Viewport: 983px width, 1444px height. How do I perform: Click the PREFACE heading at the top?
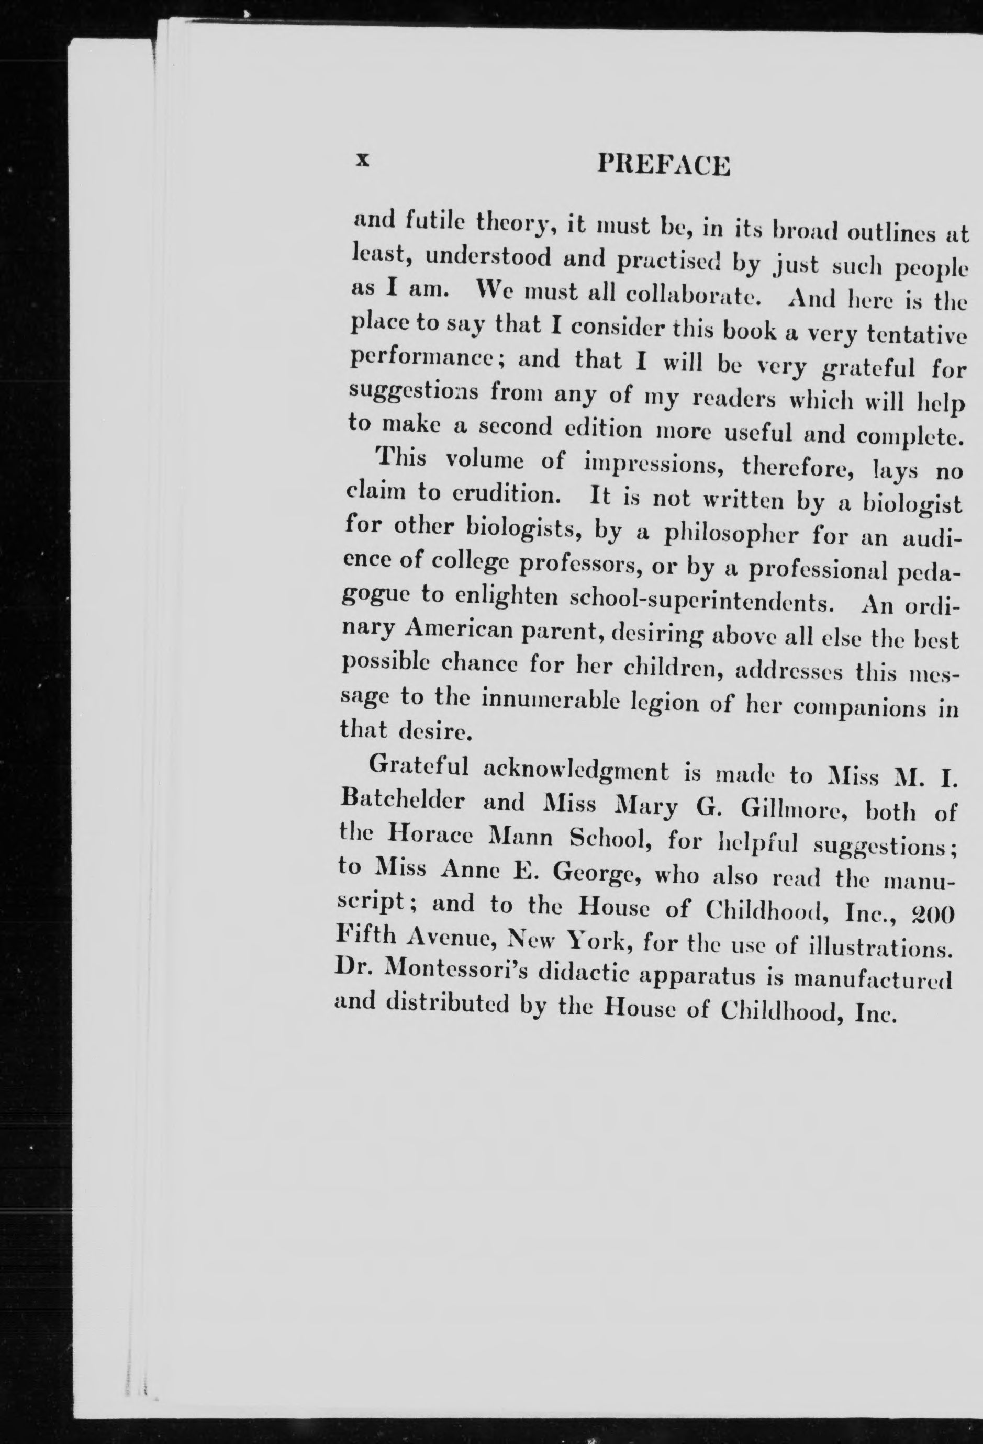pos(663,165)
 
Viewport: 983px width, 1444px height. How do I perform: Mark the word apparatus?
pos(685,986)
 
